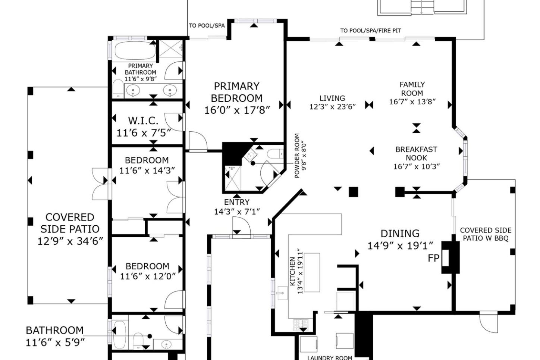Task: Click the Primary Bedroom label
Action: [x=237, y=92]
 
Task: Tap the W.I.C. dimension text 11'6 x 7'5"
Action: [x=144, y=133]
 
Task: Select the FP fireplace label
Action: [x=433, y=258]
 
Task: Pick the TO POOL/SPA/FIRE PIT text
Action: [x=371, y=31]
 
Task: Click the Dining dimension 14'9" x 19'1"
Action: [x=400, y=246]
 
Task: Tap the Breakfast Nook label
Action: [x=416, y=154]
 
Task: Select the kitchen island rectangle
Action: [x=312, y=272]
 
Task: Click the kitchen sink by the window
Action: [x=283, y=293]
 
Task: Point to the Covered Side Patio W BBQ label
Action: [x=486, y=234]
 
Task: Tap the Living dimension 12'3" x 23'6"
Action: [x=332, y=107]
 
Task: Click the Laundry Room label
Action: [x=330, y=357]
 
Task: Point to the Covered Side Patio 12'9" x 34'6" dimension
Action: [x=70, y=241]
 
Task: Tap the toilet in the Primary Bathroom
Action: [x=118, y=89]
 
